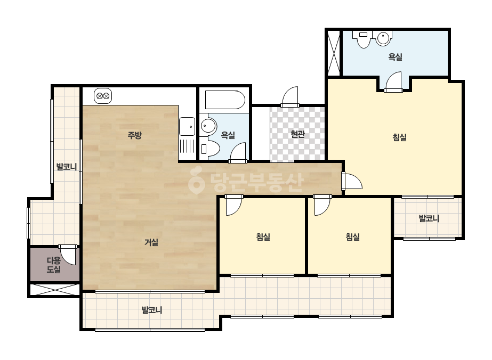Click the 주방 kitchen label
[135, 135]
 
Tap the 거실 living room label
[151, 242]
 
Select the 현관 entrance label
[297, 134]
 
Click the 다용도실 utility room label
[54, 265]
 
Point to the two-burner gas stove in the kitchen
[103, 96]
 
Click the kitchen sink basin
[187, 126]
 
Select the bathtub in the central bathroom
[225, 100]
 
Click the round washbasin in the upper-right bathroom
[383, 39]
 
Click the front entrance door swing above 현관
[290, 97]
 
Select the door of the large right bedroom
[352, 181]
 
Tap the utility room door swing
[68, 255]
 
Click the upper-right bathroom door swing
[393, 82]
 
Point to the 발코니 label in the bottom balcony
[152, 310]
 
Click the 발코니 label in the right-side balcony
[429, 218]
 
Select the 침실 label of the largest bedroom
[400, 137]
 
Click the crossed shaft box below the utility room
[54, 290]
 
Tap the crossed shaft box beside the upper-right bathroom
[333, 52]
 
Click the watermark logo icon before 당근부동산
[196, 181]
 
